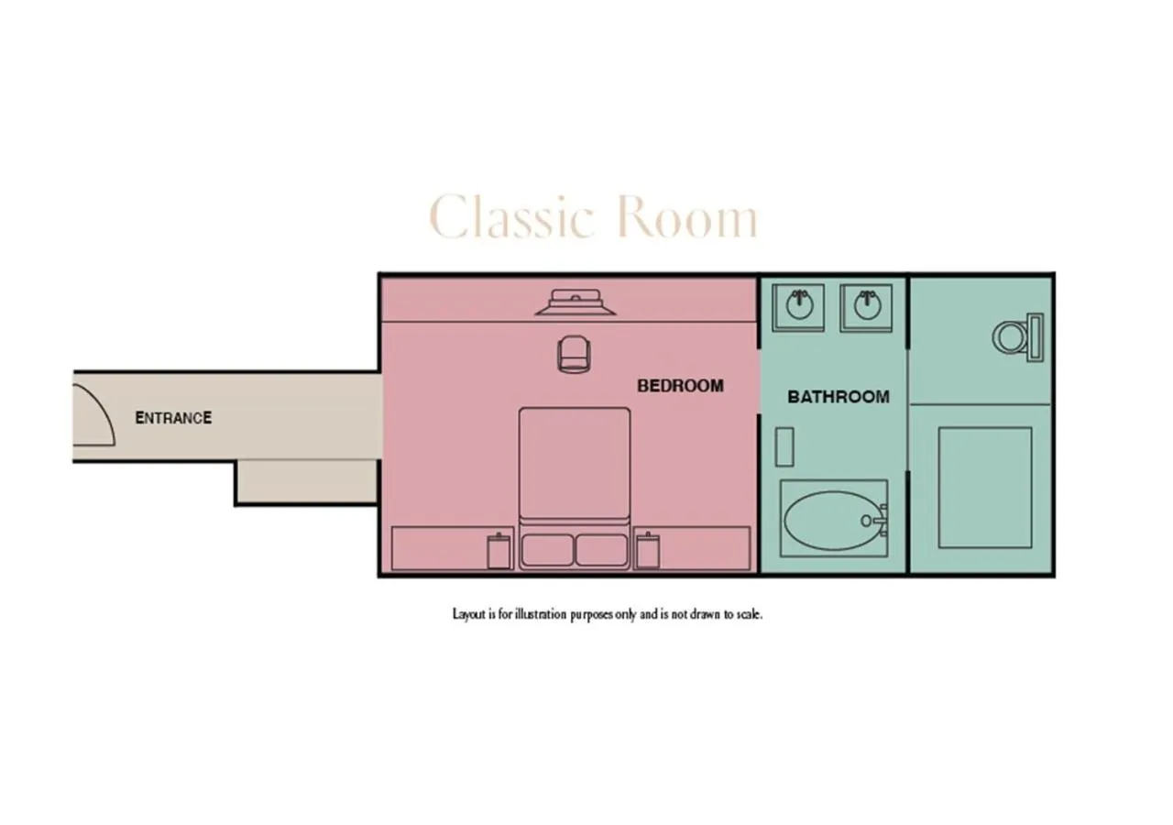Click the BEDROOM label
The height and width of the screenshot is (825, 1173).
pyautogui.click(x=680, y=386)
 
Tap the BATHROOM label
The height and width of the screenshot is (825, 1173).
pyautogui.click(x=839, y=397)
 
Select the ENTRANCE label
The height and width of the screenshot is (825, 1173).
pyautogui.click(x=173, y=418)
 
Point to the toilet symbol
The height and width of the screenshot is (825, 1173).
pyautogui.click(x=1018, y=337)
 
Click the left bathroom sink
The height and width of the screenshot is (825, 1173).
pyautogui.click(x=798, y=308)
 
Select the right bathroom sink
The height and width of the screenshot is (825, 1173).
pyautogui.click(x=867, y=308)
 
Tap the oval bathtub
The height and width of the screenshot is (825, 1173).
pyautogui.click(x=834, y=521)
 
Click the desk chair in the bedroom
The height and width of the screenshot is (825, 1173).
pyautogui.click(x=575, y=355)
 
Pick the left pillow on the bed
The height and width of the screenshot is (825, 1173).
pyautogui.click(x=548, y=550)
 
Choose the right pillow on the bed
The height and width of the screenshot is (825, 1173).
pyautogui.click(x=602, y=550)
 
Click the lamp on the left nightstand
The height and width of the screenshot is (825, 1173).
pyautogui.click(x=499, y=551)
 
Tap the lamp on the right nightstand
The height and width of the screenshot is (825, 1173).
pyautogui.click(x=648, y=551)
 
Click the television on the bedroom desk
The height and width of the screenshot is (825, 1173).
pyautogui.click(x=576, y=302)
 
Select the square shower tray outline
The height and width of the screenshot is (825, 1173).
pyautogui.click(x=985, y=488)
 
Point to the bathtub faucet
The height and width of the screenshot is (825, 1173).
pyautogui.click(x=876, y=521)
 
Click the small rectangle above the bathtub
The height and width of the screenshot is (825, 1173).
pyautogui.click(x=784, y=446)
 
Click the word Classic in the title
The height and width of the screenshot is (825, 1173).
pyautogui.click(x=511, y=217)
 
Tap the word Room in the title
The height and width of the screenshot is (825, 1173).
pyautogui.click(x=687, y=217)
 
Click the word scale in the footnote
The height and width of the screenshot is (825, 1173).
pyautogui.click(x=750, y=614)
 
